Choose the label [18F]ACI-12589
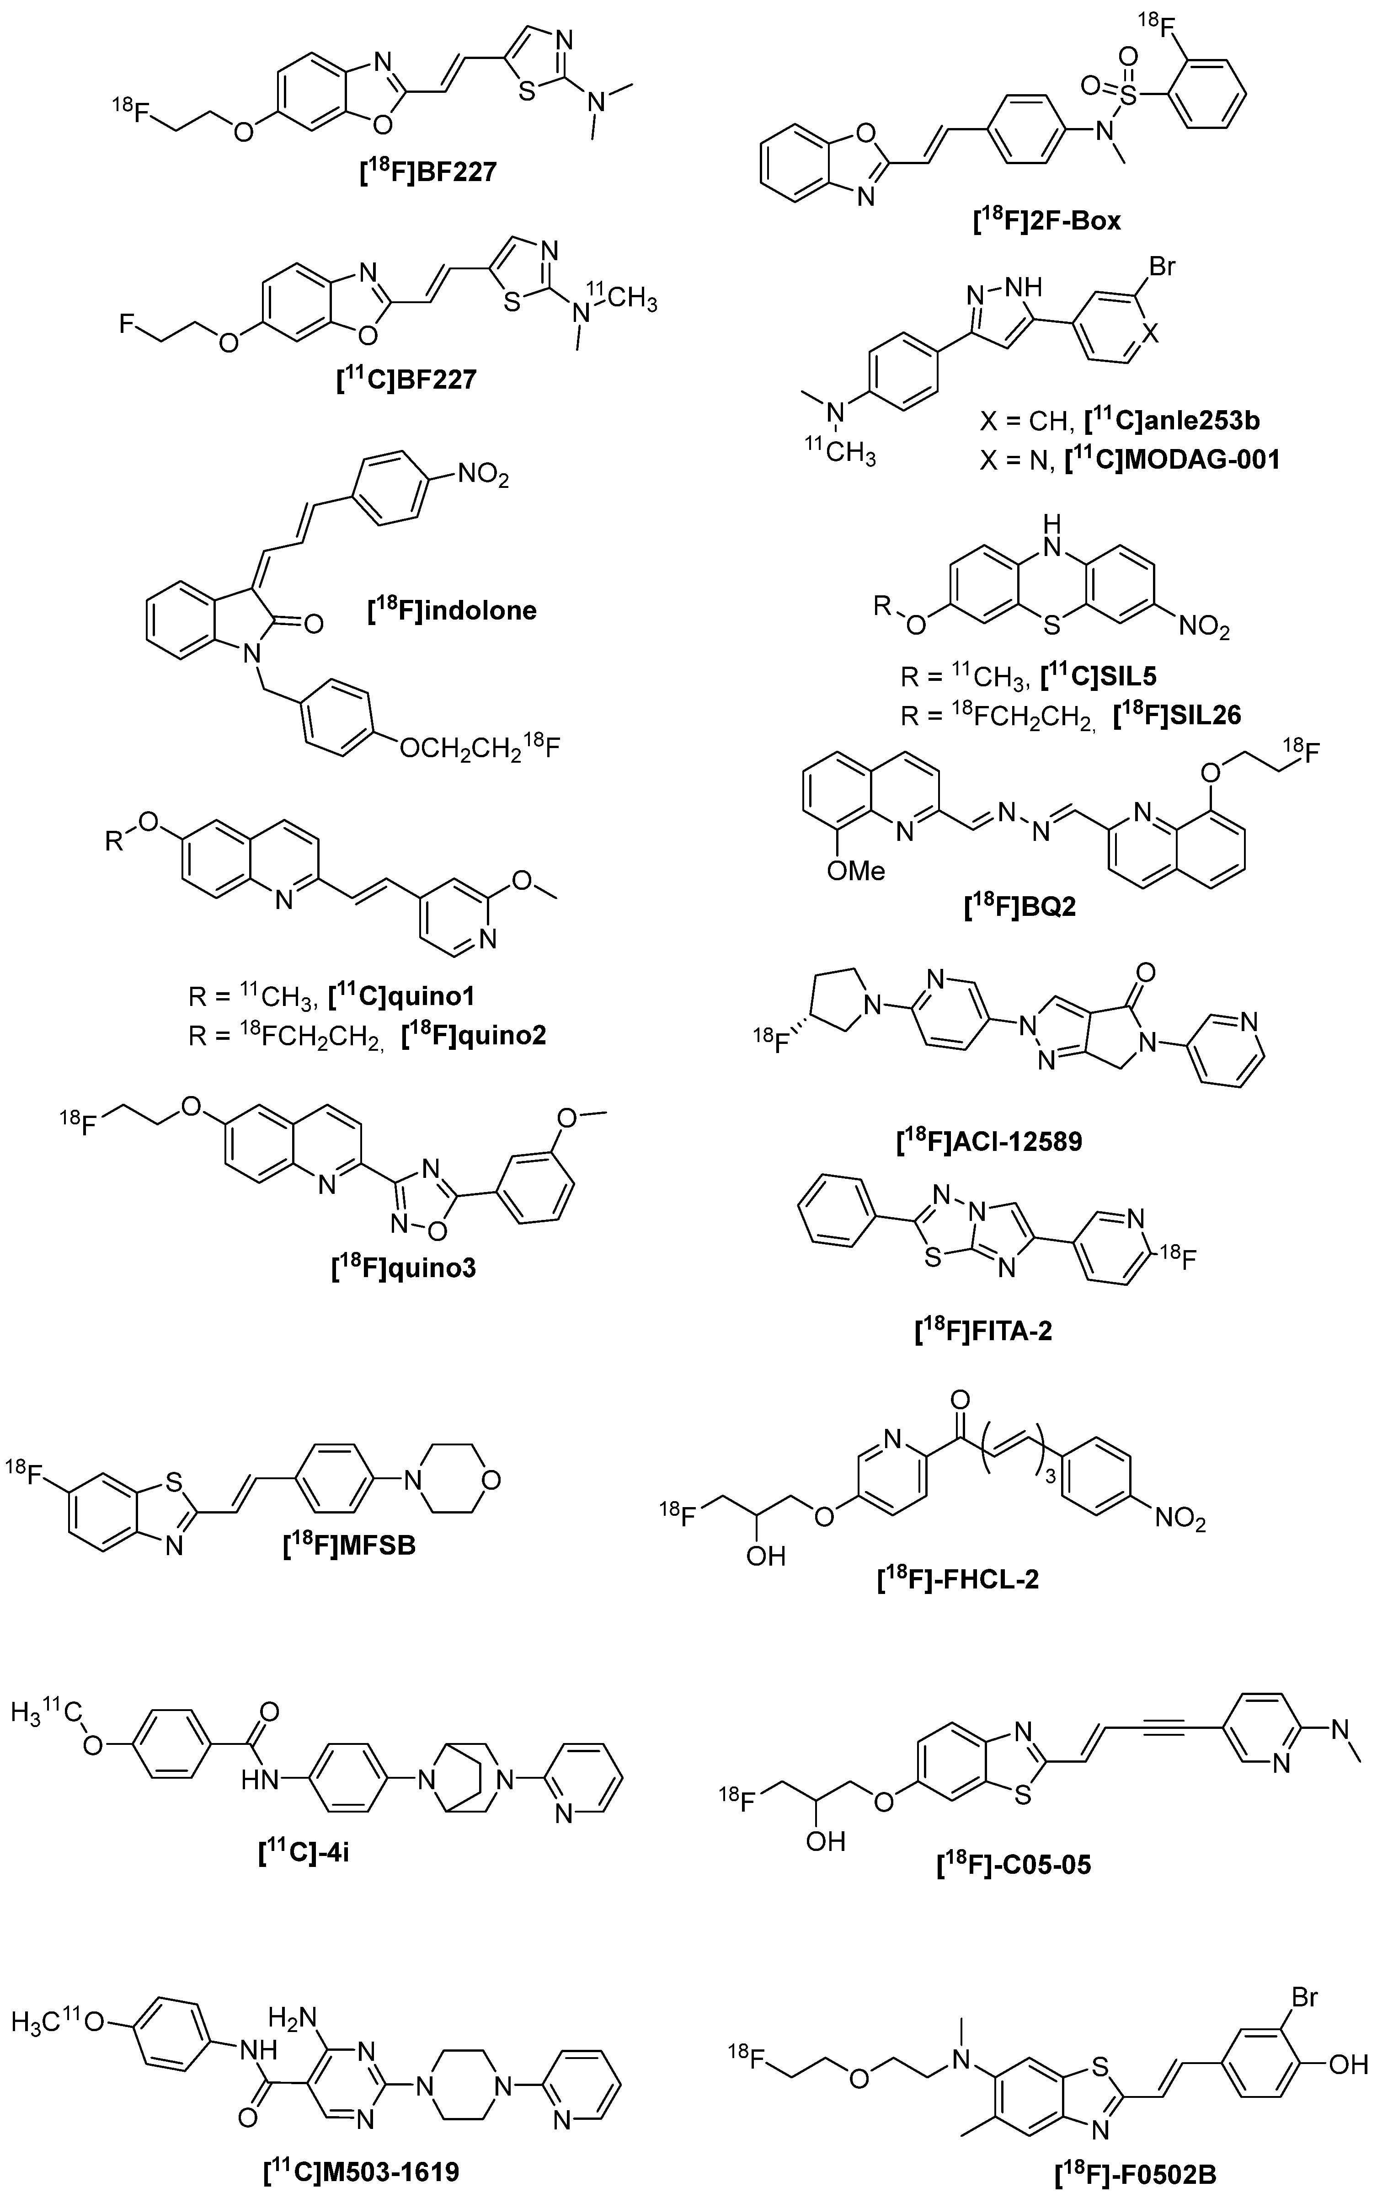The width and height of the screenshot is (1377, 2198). [x=990, y=1140]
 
